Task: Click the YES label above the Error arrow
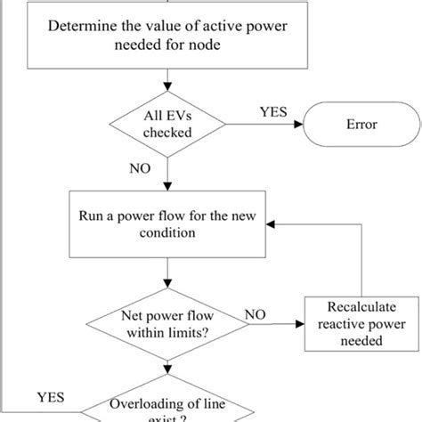click(272, 113)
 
